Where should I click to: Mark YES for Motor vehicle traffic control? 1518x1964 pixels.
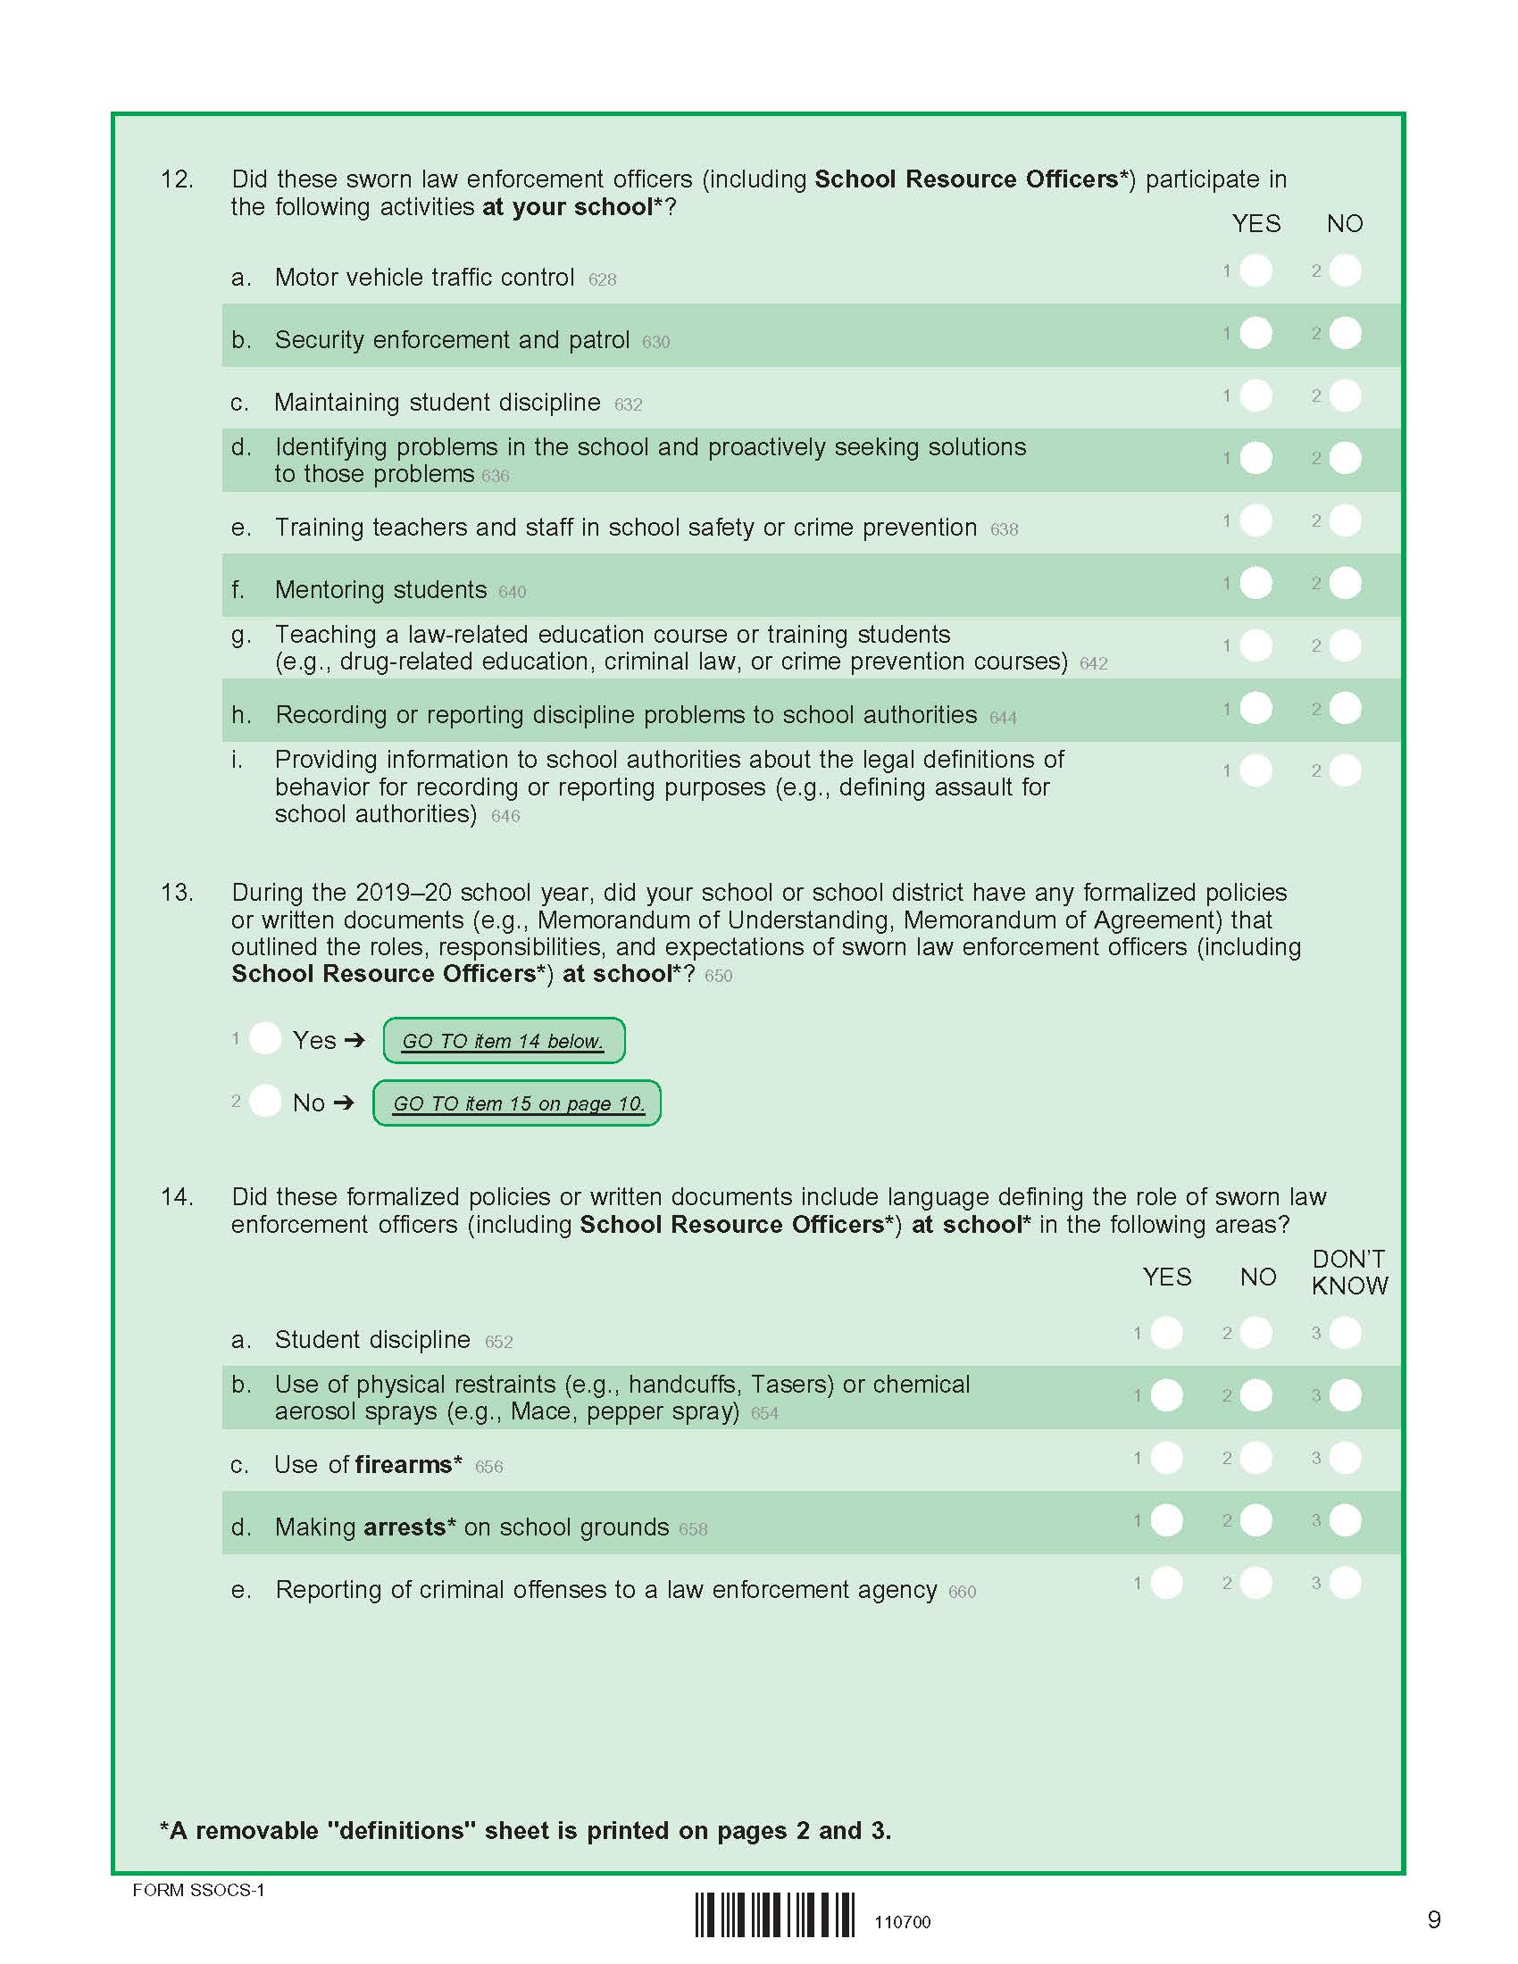pos(1255,270)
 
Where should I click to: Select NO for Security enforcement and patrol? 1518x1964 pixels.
pos(1345,334)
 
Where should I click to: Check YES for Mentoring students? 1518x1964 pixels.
pos(1255,584)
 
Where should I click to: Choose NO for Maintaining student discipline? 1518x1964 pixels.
pos(1345,395)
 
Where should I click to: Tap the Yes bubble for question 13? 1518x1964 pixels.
pos(265,1038)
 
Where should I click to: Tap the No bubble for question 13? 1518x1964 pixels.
pos(265,1101)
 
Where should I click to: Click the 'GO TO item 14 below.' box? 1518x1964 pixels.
pos(504,1040)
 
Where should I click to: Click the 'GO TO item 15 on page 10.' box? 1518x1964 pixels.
pos(517,1103)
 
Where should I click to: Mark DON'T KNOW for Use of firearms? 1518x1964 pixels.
pos(1345,1458)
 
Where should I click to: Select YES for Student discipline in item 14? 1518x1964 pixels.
pos(1166,1333)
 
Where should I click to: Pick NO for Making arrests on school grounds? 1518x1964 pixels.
pos(1255,1520)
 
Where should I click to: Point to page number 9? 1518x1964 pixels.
pos(1433,1920)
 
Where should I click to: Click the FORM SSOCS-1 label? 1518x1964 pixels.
pos(199,1890)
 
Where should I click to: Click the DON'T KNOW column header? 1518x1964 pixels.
pos(1349,1272)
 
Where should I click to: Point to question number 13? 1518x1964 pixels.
pos(176,893)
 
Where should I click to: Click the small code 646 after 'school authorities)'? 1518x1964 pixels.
pos(505,817)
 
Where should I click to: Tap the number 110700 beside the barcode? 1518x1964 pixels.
pos(902,1923)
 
